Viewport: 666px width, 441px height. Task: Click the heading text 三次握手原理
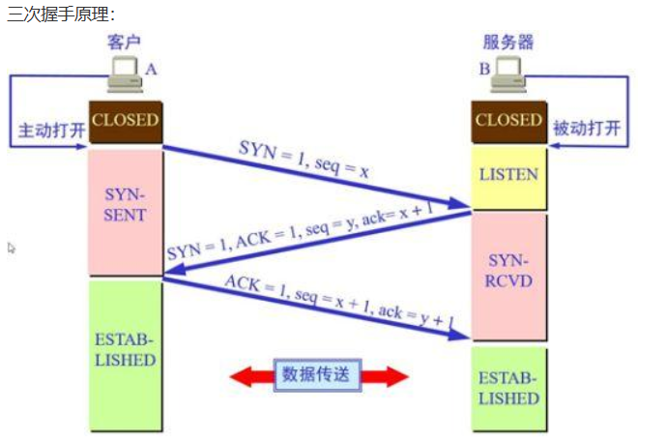[x=60, y=15]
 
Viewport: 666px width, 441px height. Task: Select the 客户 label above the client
[x=125, y=44]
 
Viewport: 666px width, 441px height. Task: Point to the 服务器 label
[x=508, y=44]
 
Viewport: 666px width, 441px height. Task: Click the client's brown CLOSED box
[x=125, y=121]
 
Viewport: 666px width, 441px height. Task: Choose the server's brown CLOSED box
[x=508, y=121]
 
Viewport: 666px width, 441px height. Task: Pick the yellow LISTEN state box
[x=508, y=175]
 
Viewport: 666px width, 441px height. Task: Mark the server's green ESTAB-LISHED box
[x=508, y=388]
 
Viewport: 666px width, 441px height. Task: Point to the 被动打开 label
[x=588, y=129]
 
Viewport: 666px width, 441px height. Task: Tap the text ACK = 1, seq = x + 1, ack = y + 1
[x=338, y=302]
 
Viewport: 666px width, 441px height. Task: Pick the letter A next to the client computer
[x=151, y=69]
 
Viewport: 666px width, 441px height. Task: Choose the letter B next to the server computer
[x=484, y=69]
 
